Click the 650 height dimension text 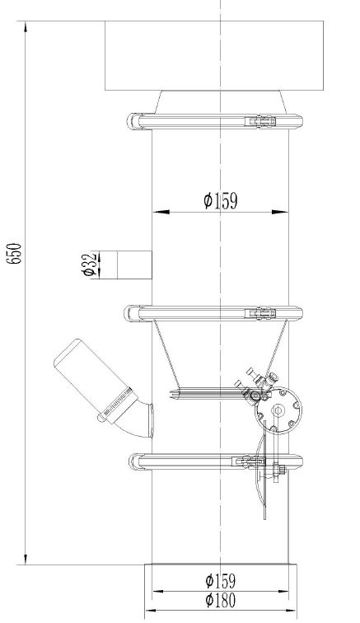click(14, 252)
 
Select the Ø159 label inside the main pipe click(221, 200)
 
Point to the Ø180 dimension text click(221, 602)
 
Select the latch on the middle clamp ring click(263, 313)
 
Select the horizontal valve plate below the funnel click(206, 392)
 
